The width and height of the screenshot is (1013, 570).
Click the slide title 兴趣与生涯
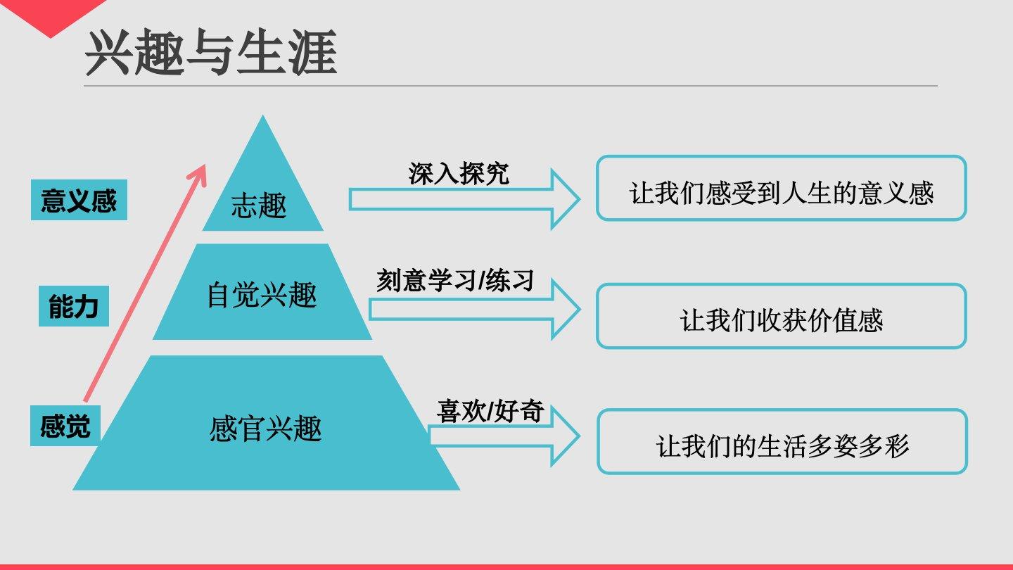coord(211,53)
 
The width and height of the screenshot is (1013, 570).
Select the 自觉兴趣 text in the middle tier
coord(262,295)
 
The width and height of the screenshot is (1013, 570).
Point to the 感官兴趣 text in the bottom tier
coord(265,429)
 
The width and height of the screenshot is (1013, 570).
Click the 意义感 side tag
coord(79,201)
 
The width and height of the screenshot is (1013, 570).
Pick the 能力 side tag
coord(73,308)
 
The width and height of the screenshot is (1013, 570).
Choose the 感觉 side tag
coord(65,426)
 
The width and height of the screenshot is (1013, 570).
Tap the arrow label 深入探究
coord(459,173)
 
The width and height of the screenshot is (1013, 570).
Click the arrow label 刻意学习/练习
coord(455,281)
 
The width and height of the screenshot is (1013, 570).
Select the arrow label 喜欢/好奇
coord(490,411)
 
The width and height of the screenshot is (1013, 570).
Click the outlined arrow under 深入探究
coord(464,200)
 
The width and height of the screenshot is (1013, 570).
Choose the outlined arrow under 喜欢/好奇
coord(504,436)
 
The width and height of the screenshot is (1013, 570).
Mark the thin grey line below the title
coord(510,86)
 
